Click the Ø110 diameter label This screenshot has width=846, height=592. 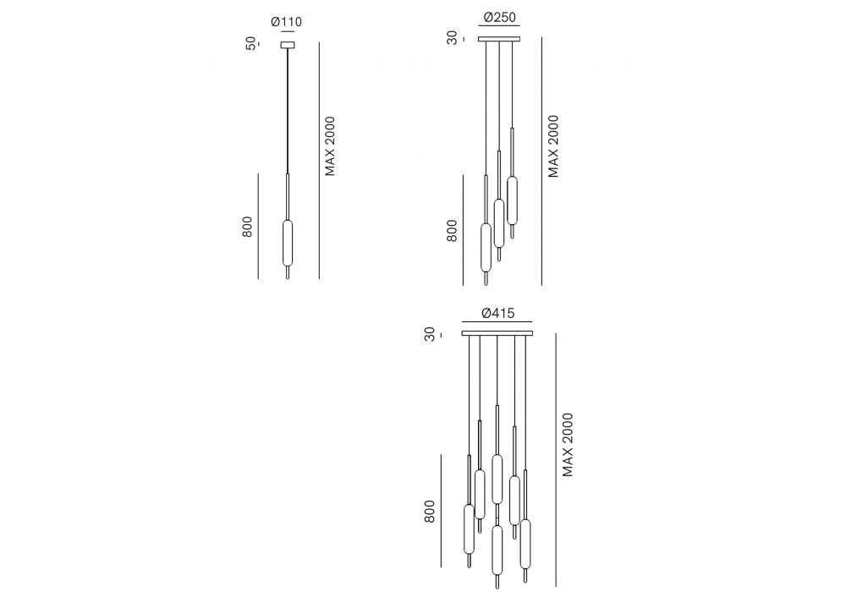pyautogui.click(x=287, y=22)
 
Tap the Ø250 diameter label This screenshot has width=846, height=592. pyautogui.click(x=500, y=17)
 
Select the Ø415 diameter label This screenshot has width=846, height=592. pyautogui.click(x=498, y=313)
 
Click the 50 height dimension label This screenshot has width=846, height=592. pyautogui.click(x=251, y=43)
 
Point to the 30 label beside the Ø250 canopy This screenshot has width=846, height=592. pyautogui.click(x=452, y=38)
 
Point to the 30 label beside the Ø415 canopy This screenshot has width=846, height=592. pyautogui.click(x=430, y=334)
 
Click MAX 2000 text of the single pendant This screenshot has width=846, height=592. pyautogui.click(x=330, y=146)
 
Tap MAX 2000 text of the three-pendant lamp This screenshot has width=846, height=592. pyautogui.click(x=553, y=146)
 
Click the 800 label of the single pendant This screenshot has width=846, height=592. pyautogui.click(x=247, y=227)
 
